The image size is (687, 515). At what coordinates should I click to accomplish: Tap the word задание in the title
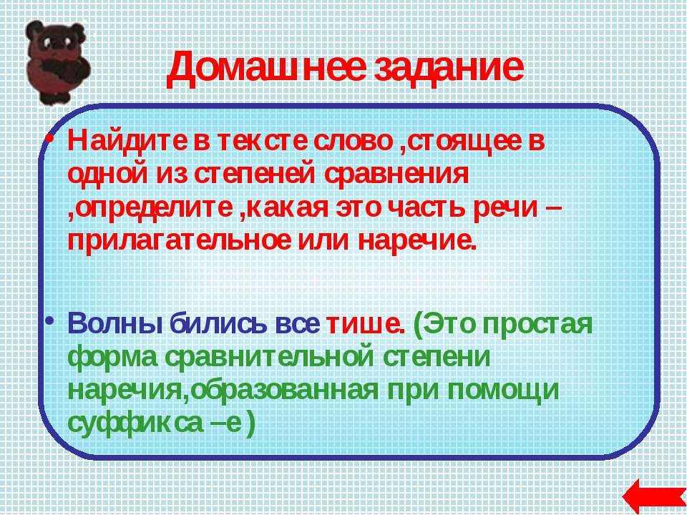(x=448, y=67)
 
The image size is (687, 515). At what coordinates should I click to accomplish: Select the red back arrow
(x=653, y=497)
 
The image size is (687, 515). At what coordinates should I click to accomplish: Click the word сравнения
(x=396, y=175)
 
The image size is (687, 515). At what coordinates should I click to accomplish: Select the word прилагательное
(x=178, y=241)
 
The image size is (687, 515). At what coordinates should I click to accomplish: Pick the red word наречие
(x=416, y=241)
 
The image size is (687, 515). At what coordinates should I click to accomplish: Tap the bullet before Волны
(x=50, y=321)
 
